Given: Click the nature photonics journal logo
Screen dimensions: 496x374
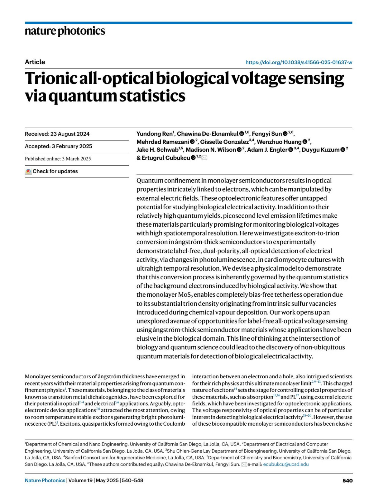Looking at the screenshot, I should click(65, 31).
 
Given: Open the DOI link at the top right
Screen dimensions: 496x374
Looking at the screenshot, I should click(299, 62).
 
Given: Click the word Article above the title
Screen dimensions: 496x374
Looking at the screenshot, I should click(35, 62).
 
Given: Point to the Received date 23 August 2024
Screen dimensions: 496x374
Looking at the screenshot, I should click(57, 134).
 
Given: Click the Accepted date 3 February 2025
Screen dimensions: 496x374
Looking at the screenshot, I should click(59, 146).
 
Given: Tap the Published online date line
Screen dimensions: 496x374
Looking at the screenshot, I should click(58, 158).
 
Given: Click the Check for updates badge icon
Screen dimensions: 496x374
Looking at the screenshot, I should click(28, 171).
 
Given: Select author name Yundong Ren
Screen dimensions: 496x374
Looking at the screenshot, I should click(154, 134).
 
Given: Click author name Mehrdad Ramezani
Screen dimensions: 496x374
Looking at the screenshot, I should click(162, 142).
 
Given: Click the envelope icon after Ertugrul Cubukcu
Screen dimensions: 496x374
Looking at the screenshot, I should click(204, 158).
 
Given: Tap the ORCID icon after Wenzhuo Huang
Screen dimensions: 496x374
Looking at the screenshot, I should click(304, 142).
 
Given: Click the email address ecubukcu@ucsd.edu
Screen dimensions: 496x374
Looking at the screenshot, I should click(286, 464).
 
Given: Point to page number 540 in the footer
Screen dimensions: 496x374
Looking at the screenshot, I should click(348, 480).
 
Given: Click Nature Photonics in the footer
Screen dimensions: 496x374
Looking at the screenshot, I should click(45, 480).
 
